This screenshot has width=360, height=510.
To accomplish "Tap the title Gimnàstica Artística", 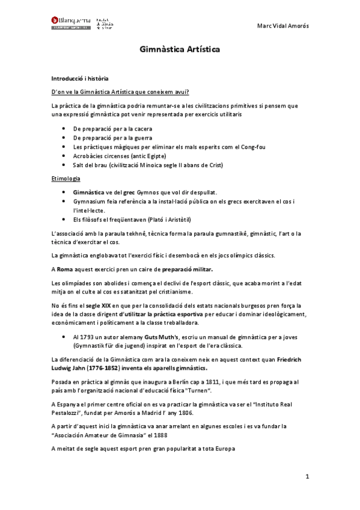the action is [180, 51].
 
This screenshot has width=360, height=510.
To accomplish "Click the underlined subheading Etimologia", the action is [66, 179].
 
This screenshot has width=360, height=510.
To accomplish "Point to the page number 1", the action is [307, 477].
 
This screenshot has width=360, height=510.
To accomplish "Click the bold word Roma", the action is [66, 268].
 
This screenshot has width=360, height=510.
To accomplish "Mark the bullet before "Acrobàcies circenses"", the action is [65, 155].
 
